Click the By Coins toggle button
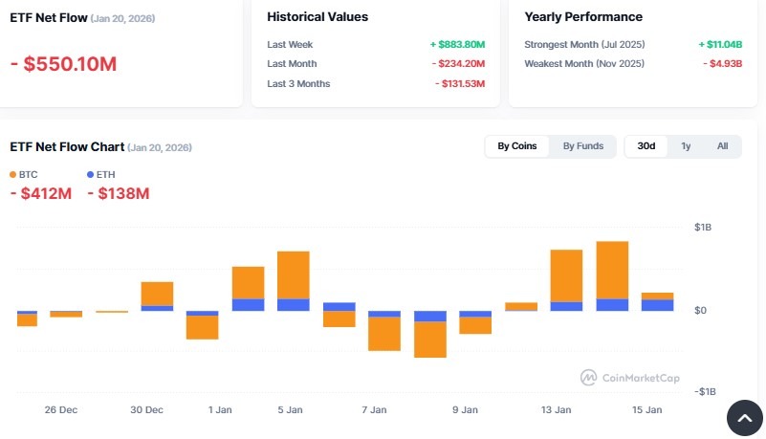517,146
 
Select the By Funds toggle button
582,146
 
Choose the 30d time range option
646,146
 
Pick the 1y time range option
686,146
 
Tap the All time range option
722,146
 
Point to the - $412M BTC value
41,194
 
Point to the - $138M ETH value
119,194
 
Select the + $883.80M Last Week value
457,44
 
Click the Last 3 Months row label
298,84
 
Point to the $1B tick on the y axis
702,228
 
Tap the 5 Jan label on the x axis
292,410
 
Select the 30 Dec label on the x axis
146,410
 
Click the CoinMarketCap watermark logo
630,378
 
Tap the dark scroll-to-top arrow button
745,418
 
